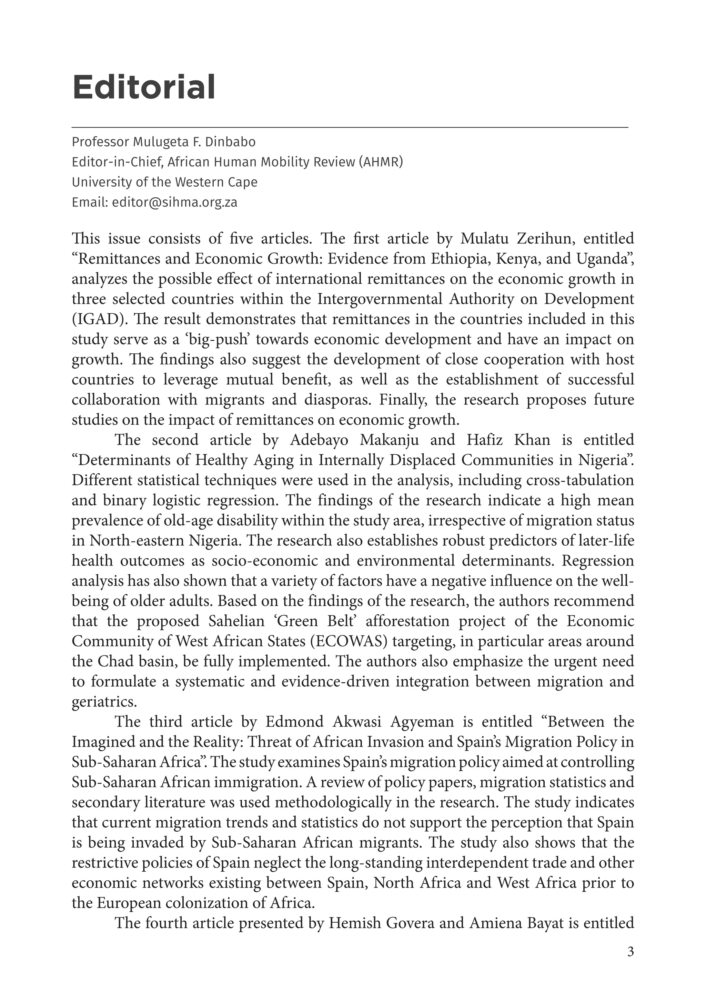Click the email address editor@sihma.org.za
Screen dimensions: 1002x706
[x=174, y=202]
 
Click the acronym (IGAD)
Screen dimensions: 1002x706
[x=96, y=319]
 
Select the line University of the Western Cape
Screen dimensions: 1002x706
[x=164, y=182]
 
